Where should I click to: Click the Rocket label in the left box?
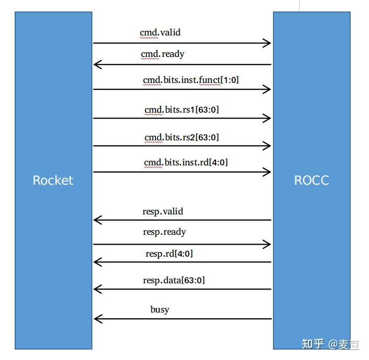click(53, 181)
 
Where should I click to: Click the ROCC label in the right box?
click(312, 181)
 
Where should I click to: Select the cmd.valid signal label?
click(160, 32)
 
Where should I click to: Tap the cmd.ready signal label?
click(162, 54)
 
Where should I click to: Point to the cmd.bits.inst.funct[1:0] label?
click(191, 80)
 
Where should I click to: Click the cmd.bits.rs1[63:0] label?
click(181, 110)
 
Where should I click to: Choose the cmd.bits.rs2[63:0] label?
click(181, 137)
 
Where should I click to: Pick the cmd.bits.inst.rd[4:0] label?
click(186, 163)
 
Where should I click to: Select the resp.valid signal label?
click(163, 211)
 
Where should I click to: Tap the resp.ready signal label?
click(164, 232)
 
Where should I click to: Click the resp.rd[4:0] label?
click(169, 254)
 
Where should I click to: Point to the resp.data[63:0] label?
click(174, 280)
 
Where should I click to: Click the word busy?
click(160, 309)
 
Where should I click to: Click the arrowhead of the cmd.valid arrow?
click(268, 43)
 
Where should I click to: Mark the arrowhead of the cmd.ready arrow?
click(97, 65)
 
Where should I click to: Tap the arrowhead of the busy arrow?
click(97, 319)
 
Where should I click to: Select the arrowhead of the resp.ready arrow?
click(268, 244)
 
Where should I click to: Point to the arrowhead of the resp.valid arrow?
click(97, 220)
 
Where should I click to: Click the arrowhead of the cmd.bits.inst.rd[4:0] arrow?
click(268, 172)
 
